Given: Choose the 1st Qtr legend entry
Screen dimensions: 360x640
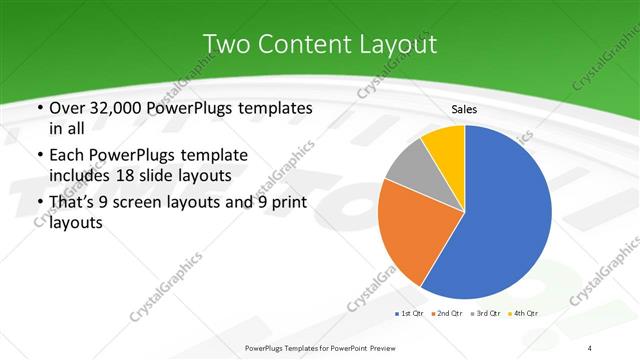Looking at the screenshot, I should [408, 314].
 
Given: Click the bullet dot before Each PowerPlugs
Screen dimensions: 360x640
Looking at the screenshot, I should [38, 156].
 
